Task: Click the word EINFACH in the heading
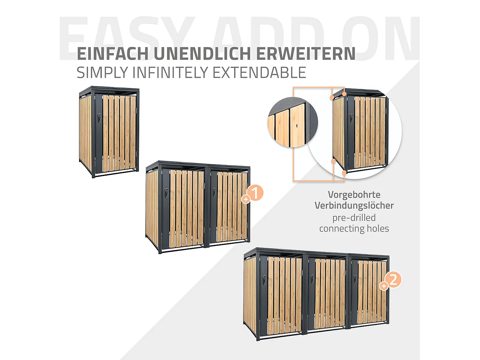click(x=113, y=54)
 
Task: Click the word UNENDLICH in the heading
click(x=202, y=54)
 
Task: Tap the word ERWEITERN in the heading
click(x=306, y=54)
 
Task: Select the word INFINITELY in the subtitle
click(x=171, y=73)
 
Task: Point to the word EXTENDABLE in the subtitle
click(x=259, y=73)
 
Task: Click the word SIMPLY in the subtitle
click(x=102, y=73)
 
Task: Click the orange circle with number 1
click(x=255, y=193)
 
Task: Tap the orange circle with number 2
click(x=393, y=279)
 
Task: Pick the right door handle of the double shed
click(x=214, y=192)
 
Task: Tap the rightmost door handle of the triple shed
click(x=355, y=278)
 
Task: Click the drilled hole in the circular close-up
click(x=297, y=125)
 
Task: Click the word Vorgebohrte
click(x=354, y=195)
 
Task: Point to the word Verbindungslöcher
click(x=354, y=205)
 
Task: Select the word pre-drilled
click(x=354, y=218)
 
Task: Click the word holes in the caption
click(x=378, y=228)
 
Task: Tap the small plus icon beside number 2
click(x=383, y=286)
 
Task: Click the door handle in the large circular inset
click(x=351, y=117)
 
